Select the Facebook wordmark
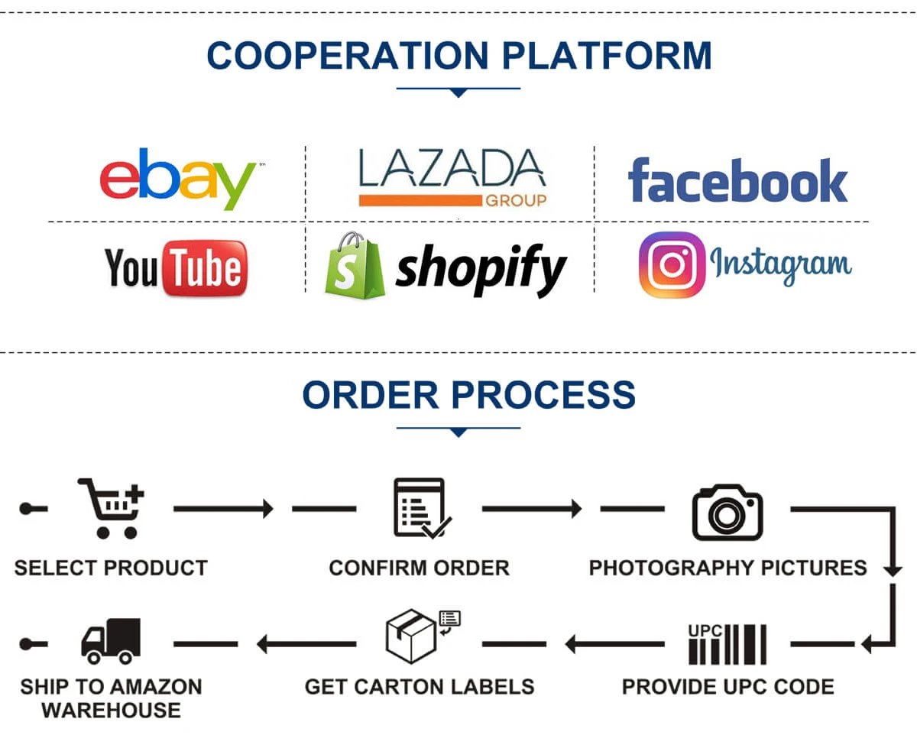point(737,180)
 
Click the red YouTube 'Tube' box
point(206,267)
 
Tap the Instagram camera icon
point(672,264)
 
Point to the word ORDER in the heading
point(370,394)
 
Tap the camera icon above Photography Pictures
point(727,511)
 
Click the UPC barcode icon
point(727,644)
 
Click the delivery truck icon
point(112,640)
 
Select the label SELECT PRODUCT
point(111,568)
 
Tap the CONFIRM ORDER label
point(419,568)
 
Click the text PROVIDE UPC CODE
point(727,685)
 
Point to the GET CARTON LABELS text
point(419,685)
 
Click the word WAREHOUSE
point(111,710)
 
